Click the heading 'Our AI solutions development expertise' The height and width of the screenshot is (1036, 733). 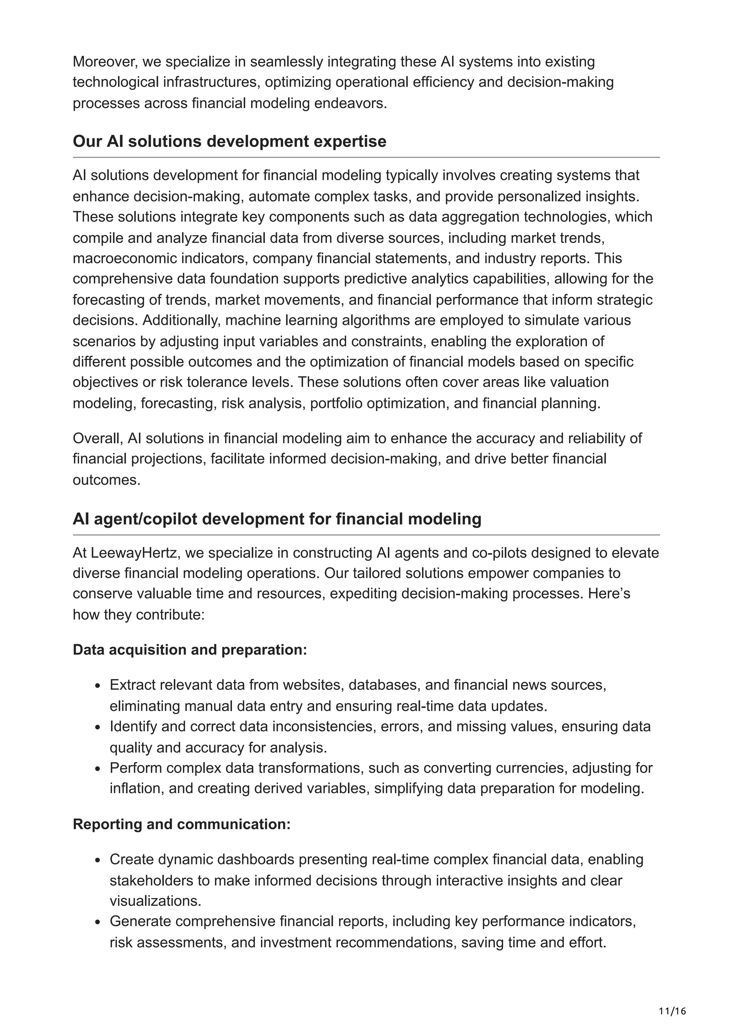coord(229,141)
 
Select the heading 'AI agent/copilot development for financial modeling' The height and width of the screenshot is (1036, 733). coord(277,519)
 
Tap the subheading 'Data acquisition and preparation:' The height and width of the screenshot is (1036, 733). coord(190,650)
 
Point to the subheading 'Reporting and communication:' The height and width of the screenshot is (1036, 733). coord(181,824)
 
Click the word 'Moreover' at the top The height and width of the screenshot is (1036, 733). coord(105,61)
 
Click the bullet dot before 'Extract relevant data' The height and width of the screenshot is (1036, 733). coord(98,686)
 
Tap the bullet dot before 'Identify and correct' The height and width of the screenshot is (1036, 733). coord(98,727)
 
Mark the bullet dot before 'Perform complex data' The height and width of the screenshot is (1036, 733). coord(98,769)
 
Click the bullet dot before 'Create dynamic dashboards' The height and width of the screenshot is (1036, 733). coord(98,860)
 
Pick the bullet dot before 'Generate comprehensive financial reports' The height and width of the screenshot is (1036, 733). coord(98,922)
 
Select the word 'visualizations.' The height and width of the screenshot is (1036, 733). coord(155,901)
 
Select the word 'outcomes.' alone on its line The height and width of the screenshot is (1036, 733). coord(107,480)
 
